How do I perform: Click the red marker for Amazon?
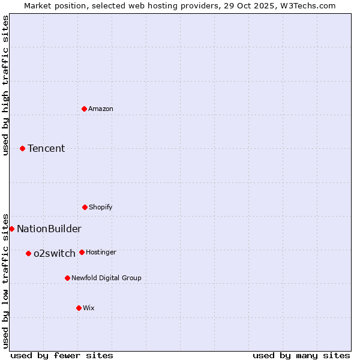point(85,109)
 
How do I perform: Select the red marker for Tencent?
point(23,148)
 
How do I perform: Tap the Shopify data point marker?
point(85,207)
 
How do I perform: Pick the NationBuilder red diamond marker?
point(11,229)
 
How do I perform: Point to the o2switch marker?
point(28,253)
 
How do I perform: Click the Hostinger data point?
point(82,252)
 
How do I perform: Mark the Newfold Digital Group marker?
point(67,278)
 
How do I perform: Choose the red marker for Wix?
point(79,308)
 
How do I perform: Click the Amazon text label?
point(101,109)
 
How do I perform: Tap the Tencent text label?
point(46,148)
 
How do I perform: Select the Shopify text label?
point(101,207)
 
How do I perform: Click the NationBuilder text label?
point(49,229)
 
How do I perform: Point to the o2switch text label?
point(55,253)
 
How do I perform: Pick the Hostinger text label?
point(101,252)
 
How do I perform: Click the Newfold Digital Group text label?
point(106,278)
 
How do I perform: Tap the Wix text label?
point(89,308)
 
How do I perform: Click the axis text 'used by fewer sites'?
point(62,356)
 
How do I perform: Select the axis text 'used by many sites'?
point(301,356)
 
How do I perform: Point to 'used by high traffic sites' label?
point(5,85)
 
